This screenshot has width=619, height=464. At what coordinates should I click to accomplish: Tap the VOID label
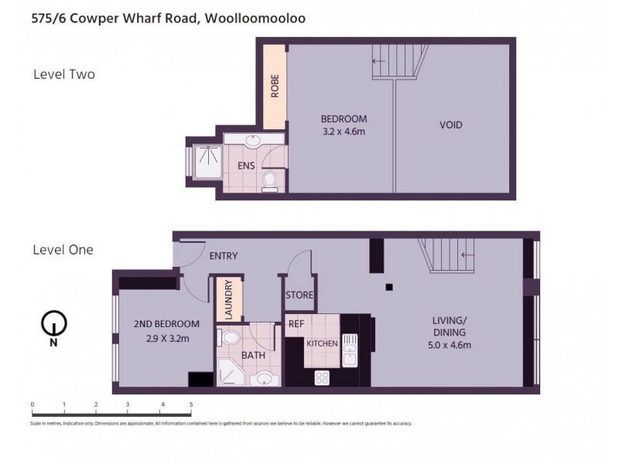point(450,125)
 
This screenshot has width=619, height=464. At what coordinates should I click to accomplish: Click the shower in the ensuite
point(205,162)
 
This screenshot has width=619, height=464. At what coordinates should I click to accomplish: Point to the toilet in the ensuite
point(269,181)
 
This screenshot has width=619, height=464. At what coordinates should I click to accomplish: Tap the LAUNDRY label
point(228,300)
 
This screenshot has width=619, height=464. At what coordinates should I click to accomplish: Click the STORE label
point(299,295)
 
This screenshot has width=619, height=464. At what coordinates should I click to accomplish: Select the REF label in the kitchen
point(296,324)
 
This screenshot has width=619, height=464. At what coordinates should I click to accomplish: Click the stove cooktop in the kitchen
point(322,377)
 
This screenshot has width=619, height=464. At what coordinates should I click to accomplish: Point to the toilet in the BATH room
point(229,338)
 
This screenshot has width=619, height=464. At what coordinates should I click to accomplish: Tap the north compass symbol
point(53,324)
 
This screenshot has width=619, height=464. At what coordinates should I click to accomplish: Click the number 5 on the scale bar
point(190,404)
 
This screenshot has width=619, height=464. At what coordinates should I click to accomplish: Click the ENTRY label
point(224,256)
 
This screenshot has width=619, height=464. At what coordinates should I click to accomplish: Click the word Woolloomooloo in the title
point(255,20)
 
